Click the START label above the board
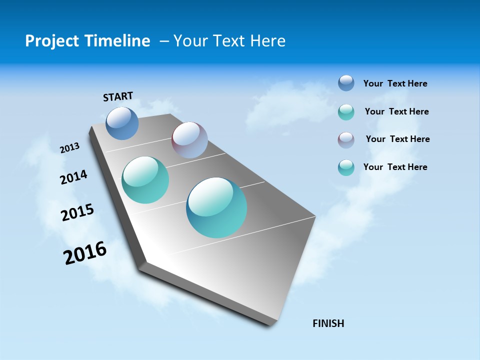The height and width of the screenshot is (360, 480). pos(118,96)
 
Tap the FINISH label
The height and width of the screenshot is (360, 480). pos(328,323)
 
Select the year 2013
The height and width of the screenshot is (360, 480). pos(69,148)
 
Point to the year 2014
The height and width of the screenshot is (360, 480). pos(73,177)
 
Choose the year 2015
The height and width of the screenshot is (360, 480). pos(77,212)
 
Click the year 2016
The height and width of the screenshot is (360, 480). pos(85,253)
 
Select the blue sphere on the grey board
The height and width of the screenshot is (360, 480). pos(122,123)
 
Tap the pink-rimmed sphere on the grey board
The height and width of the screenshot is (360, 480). pos(189,140)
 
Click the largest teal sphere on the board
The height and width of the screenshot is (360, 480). pos(216,207)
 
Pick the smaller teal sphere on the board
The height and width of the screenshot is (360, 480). pos(145,180)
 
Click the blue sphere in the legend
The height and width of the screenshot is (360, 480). pos(346,83)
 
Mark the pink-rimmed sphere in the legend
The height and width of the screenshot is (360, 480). pos(346,140)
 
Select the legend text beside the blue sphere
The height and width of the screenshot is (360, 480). pos(395,84)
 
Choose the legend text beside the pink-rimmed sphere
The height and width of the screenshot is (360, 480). pos(397,139)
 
